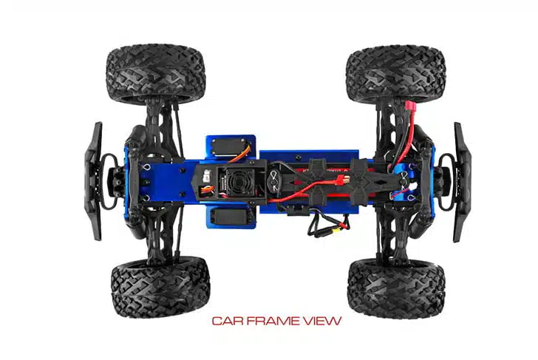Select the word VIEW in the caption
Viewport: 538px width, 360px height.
(x=322, y=321)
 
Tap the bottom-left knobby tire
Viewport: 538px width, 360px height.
(x=160, y=287)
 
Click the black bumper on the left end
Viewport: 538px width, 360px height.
(x=94, y=181)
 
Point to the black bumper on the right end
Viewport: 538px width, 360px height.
(x=461, y=183)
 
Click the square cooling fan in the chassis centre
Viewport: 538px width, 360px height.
(x=236, y=181)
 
